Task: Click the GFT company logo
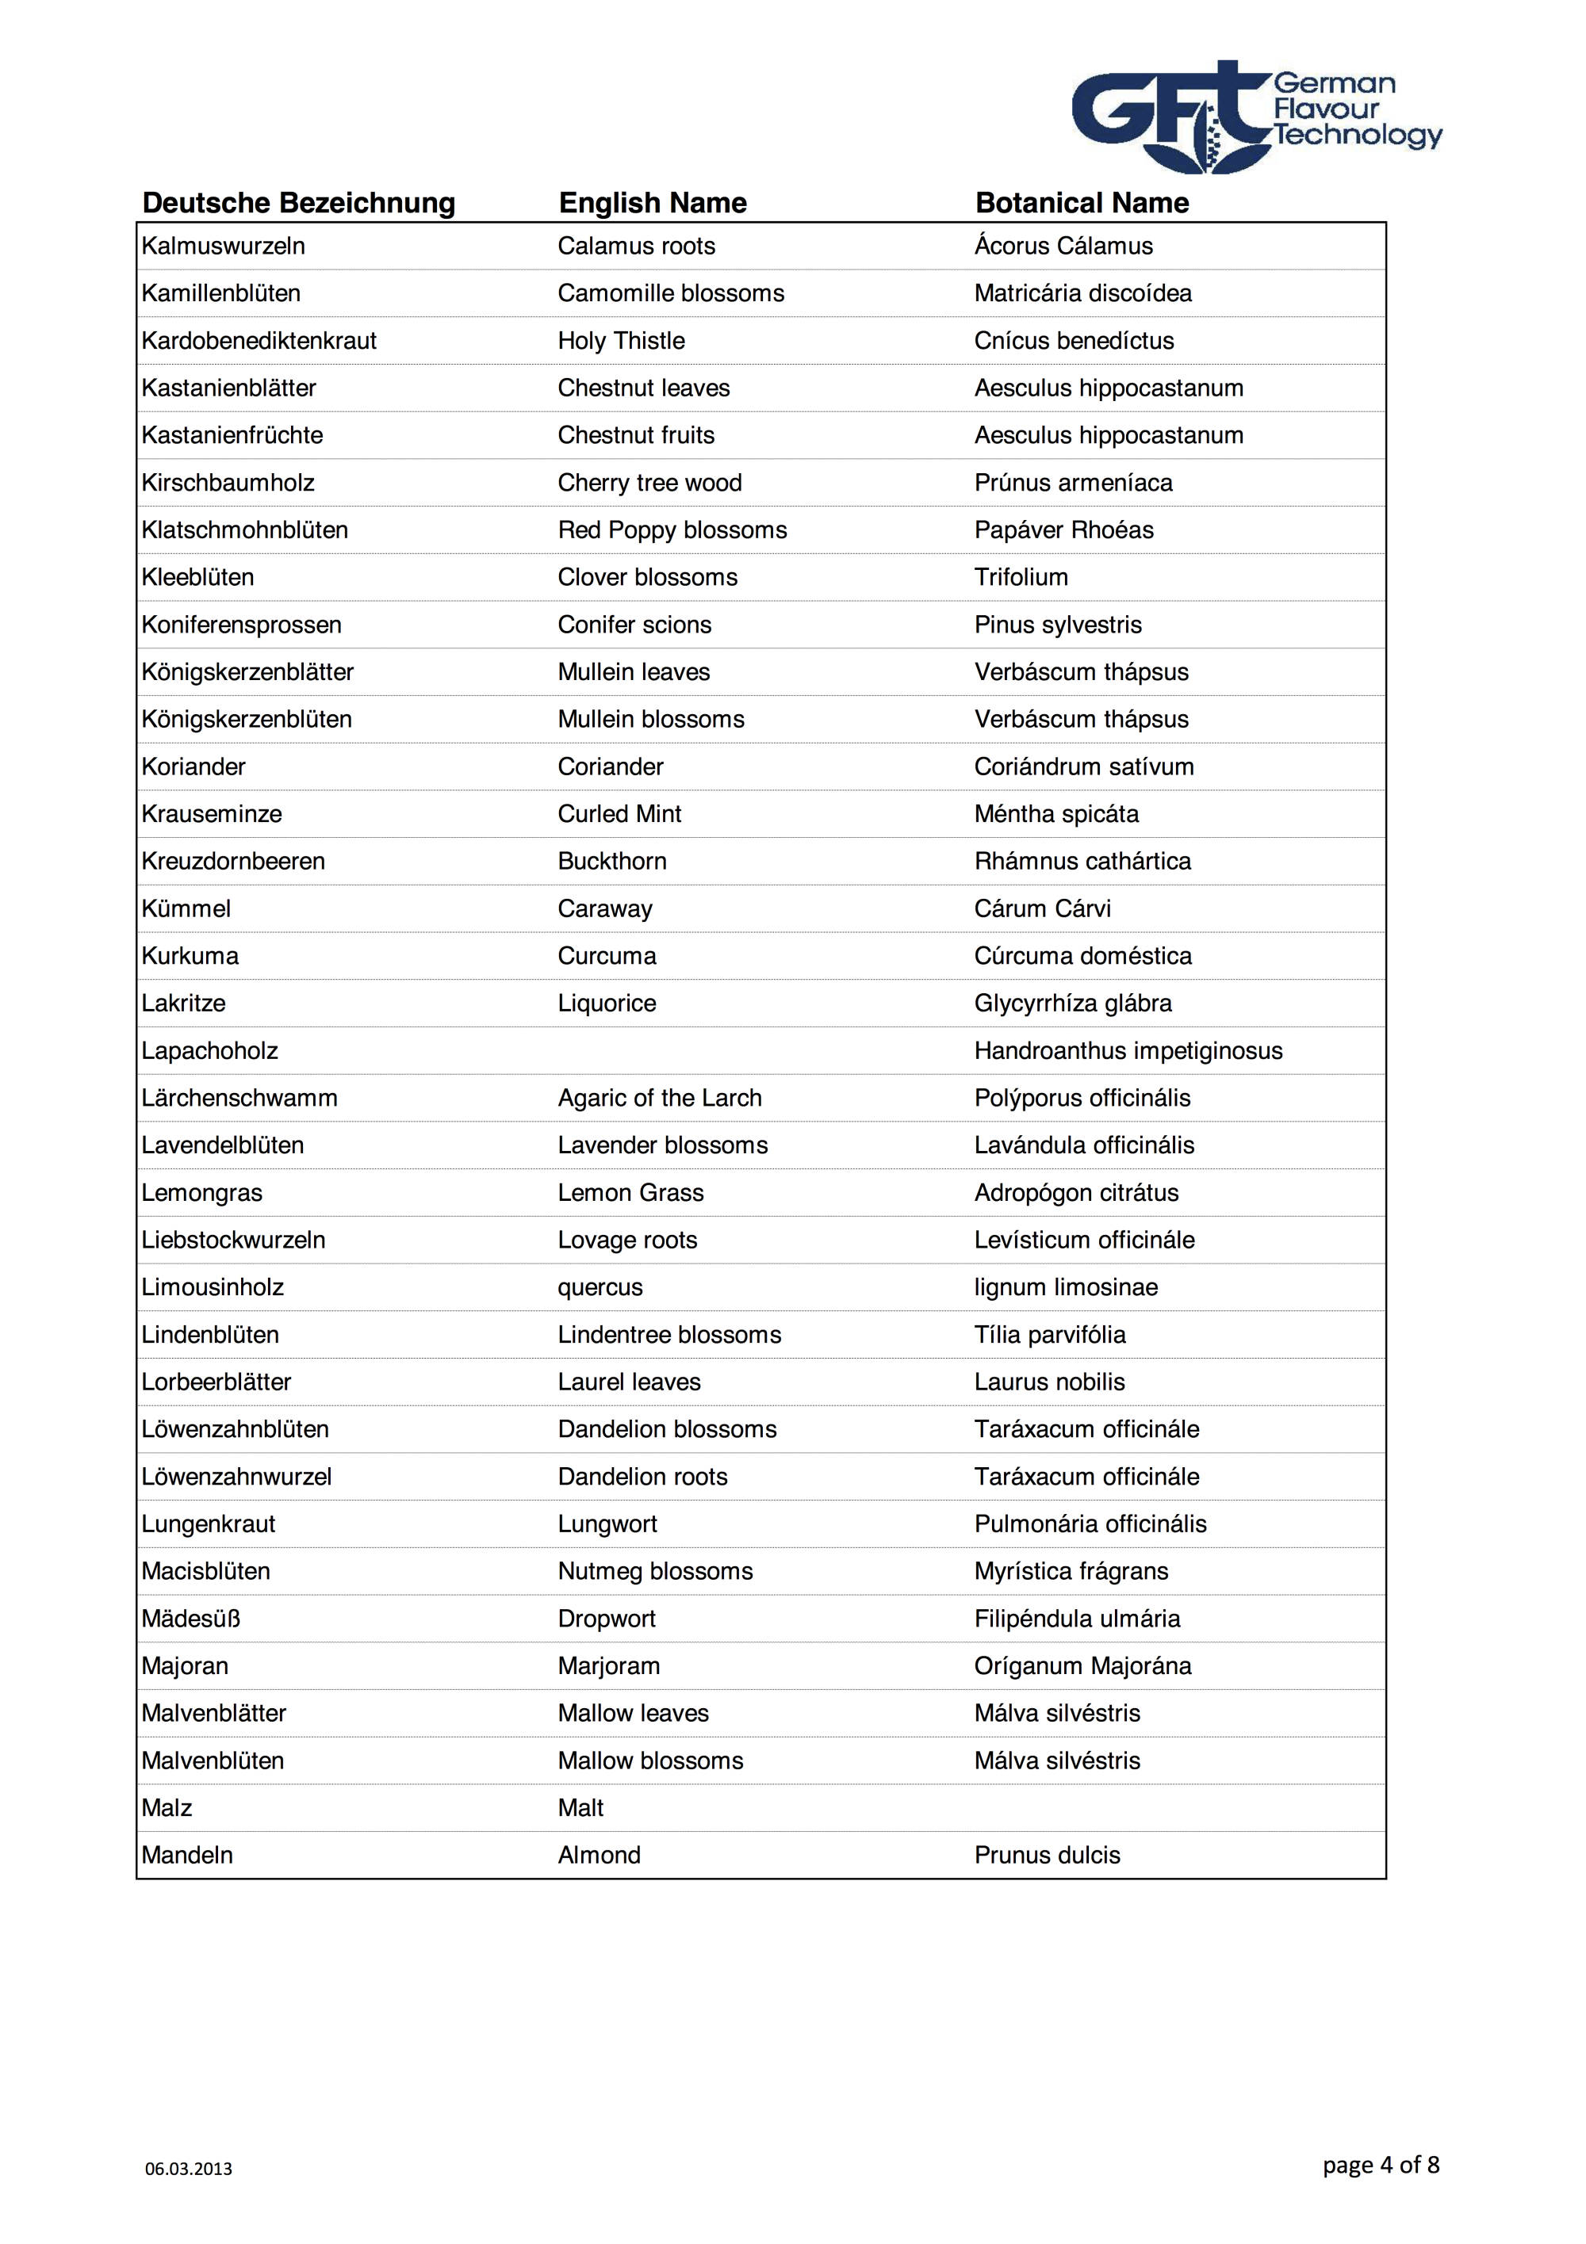pos(1255,117)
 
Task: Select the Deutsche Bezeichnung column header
pos(298,203)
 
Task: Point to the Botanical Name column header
pos(1082,203)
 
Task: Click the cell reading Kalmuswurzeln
pos(223,247)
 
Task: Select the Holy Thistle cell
pos(621,341)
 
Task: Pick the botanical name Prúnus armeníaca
pos(1073,483)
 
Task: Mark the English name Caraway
pos(604,909)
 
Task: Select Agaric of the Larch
pos(659,1099)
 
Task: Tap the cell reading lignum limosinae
pos(1065,1287)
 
